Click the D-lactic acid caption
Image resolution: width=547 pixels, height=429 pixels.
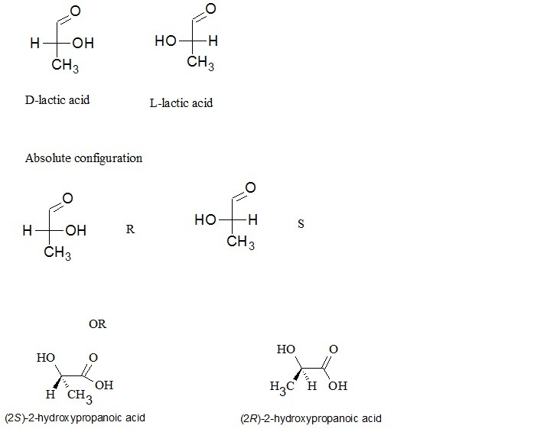pos(57,99)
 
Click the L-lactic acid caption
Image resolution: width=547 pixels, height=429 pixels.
pos(181,102)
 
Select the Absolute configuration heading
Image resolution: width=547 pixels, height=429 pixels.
pos(83,158)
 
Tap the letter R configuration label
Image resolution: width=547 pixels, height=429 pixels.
pos(130,229)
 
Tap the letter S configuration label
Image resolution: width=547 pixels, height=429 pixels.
pos(301,224)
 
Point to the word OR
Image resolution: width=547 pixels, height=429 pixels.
pos(97,323)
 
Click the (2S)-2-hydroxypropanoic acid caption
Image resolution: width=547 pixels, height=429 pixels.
pos(74,418)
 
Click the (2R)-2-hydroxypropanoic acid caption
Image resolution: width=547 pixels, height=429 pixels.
pos(310,418)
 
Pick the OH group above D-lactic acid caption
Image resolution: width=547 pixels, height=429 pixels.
pos(83,44)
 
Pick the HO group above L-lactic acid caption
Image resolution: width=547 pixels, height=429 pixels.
pos(166,41)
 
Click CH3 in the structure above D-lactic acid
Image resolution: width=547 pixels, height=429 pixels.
pos(64,67)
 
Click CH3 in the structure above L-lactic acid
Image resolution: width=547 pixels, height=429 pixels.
pos(200,63)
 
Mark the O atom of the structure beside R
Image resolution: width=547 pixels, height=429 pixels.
pos(68,199)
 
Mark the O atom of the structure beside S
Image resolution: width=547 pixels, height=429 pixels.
pos(249,188)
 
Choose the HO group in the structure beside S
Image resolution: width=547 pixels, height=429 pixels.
pos(206,220)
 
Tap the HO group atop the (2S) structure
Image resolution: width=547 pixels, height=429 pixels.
pos(45,357)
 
